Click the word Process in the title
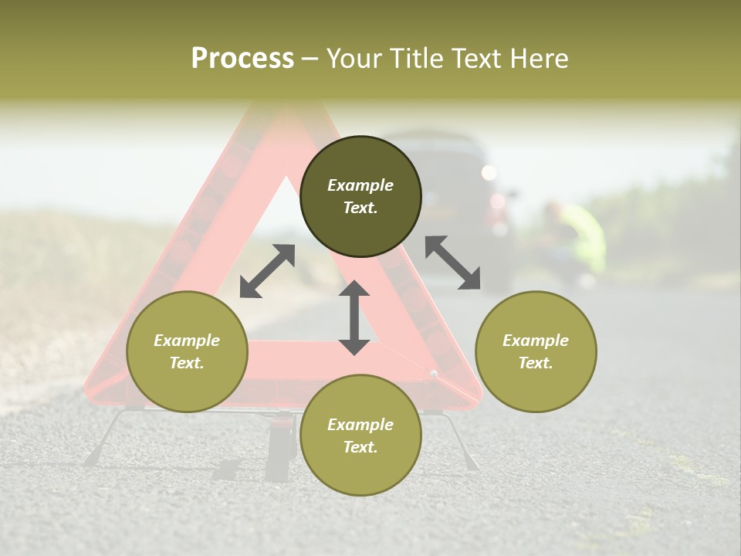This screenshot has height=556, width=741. tap(242, 58)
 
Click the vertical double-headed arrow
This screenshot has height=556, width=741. tap(354, 317)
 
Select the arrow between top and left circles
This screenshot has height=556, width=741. tap(267, 271)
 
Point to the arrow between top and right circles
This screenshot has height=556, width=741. tap(453, 263)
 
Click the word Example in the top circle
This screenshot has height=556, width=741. tap(360, 185)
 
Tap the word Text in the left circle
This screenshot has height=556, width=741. tap(187, 363)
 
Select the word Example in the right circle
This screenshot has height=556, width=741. tap(536, 341)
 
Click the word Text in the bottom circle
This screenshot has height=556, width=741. tap(360, 447)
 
